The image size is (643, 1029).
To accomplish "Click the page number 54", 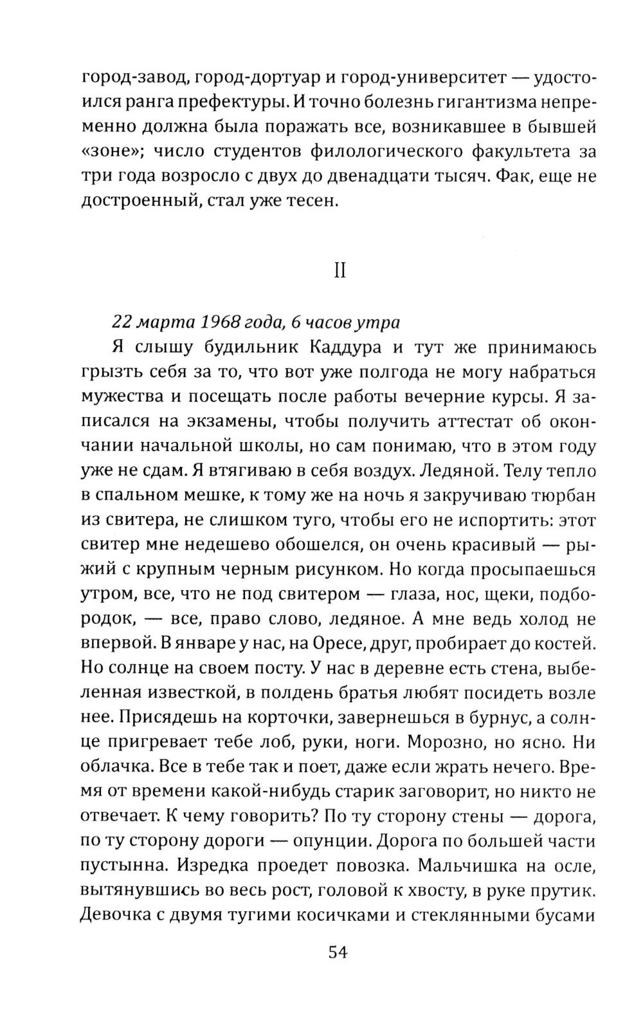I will (x=338, y=952).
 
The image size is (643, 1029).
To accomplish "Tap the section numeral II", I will (x=340, y=272).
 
